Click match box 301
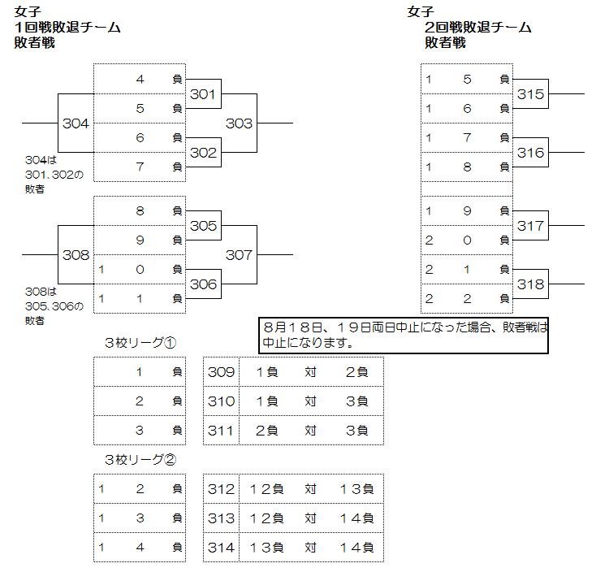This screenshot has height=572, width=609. pyautogui.click(x=204, y=95)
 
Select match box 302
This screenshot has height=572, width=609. pyautogui.click(x=204, y=153)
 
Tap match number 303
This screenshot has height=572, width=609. pyautogui.click(x=239, y=123)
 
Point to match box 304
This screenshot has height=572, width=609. pyautogui.click(x=76, y=123)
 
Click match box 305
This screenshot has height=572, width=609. pyautogui.click(x=204, y=226)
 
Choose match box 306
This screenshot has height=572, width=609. pyautogui.click(x=204, y=284)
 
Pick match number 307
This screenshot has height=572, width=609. pyautogui.click(x=239, y=255)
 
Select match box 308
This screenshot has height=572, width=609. pyautogui.click(x=76, y=255)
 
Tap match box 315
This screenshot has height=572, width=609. pyautogui.click(x=531, y=95)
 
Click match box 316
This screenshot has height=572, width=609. pyautogui.click(x=531, y=153)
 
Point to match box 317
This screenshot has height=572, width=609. pyautogui.click(x=531, y=226)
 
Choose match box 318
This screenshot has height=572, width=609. pyautogui.click(x=531, y=284)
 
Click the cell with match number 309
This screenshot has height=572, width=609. pyautogui.click(x=221, y=372)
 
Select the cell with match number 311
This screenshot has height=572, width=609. pyautogui.click(x=221, y=431)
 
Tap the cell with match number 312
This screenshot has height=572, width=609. pyautogui.click(x=221, y=489)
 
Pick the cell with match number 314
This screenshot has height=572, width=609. pyautogui.click(x=221, y=548)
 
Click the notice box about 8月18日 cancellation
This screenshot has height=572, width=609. pyautogui.click(x=404, y=335)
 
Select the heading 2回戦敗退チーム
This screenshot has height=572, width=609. pyautogui.click(x=478, y=27)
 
